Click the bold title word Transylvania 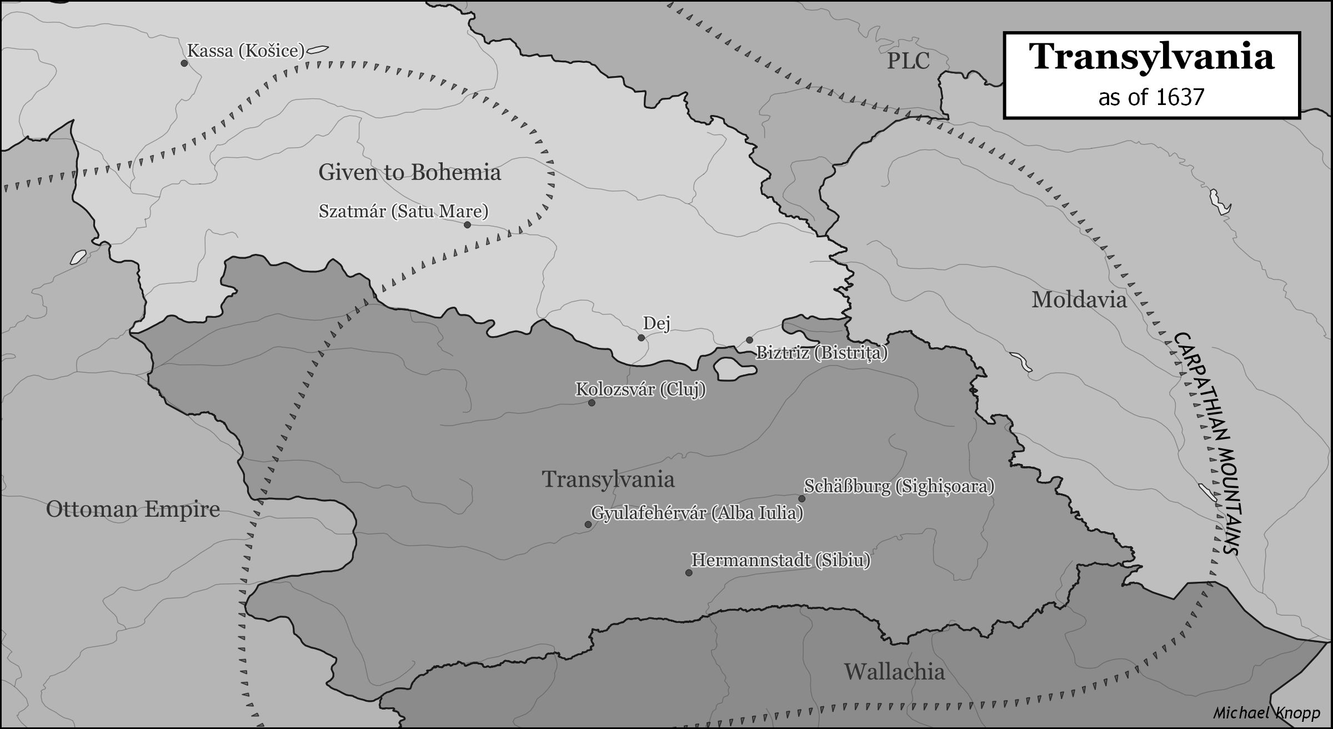tap(1151, 57)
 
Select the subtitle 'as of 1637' tap(1151, 98)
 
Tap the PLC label tap(908, 61)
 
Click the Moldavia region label tap(1079, 301)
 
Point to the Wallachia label tap(894, 672)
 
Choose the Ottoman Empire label tap(133, 510)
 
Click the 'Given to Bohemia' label tap(409, 173)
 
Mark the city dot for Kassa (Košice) tap(184, 63)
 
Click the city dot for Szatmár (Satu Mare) tap(467, 225)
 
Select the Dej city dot tap(642, 338)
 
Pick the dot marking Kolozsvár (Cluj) tap(592, 403)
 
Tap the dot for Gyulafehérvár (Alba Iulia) tap(588, 525)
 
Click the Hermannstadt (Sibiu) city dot tap(689, 573)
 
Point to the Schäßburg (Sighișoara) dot tap(802, 498)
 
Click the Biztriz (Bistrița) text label tap(822, 353)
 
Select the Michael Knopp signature tap(1264, 713)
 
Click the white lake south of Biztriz tap(733, 368)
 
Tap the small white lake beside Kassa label tap(315, 50)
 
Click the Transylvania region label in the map tap(608, 480)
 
